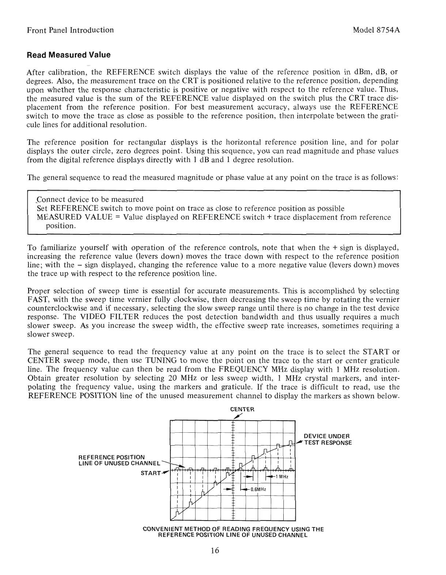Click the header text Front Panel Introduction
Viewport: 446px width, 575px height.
coord(71,30)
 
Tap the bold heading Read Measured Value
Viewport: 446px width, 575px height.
coord(69,55)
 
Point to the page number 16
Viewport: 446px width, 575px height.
coord(215,551)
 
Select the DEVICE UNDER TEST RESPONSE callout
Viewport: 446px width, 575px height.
coord(327,439)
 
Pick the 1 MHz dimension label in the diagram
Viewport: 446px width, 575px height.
coord(282,477)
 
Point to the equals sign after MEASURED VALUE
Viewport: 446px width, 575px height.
coord(117,217)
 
